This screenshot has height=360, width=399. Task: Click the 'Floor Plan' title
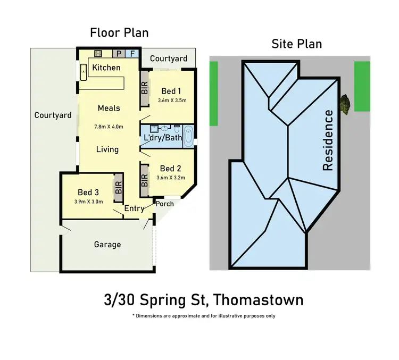point(119,32)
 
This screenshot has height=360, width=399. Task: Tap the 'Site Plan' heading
point(297,44)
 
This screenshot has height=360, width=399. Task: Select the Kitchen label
point(106,68)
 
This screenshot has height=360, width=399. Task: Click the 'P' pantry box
point(119,53)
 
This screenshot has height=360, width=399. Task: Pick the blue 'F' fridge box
point(132,53)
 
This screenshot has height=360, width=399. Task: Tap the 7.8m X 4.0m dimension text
point(109,127)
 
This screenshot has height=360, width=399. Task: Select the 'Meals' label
point(109,108)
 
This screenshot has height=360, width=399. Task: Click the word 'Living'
point(107,149)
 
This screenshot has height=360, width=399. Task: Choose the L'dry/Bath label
point(163,138)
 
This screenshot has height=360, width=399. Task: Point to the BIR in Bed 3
point(118,188)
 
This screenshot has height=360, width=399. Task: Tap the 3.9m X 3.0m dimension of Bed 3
point(89,202)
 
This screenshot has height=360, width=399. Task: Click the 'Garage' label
point(107,245)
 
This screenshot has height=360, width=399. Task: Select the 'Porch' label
point(164,204)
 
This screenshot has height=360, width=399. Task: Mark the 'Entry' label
point(134,208)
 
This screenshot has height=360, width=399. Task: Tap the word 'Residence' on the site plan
point(328,140)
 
